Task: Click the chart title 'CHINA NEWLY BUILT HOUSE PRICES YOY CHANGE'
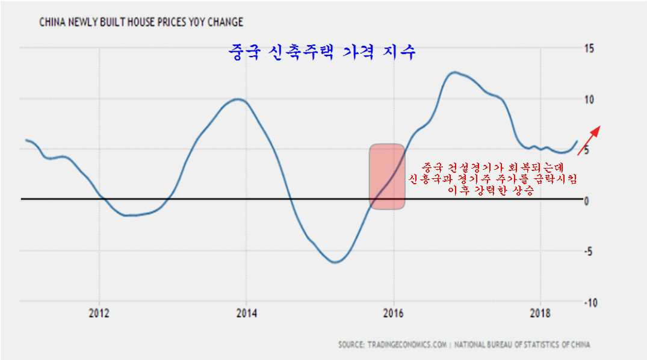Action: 141,22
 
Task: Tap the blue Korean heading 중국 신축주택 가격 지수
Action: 322,52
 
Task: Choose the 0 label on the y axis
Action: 587,201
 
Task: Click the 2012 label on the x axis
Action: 99,314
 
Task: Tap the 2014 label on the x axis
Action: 246,314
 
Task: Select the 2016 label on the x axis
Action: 394,314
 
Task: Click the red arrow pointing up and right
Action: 589,140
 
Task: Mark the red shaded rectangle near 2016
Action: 386,176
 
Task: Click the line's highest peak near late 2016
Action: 455,72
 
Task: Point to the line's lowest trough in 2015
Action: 335,262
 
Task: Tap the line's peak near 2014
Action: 238,99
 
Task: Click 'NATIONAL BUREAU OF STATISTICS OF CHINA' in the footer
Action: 522,345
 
